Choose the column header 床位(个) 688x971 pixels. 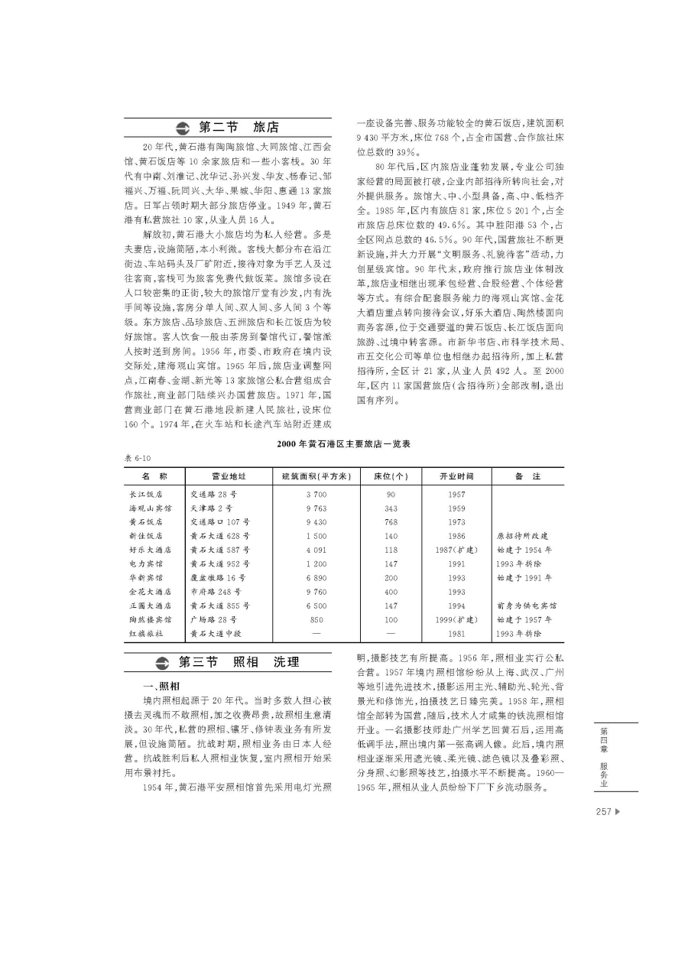(391, 476)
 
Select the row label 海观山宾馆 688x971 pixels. (151, 508)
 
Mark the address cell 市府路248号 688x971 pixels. (216, 591)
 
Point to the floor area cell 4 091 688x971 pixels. (316, 550)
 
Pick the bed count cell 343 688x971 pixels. (391, 508)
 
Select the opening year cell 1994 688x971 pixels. (457, 605)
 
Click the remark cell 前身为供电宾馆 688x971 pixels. (526, 605)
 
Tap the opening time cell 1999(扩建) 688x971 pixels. (457, 619)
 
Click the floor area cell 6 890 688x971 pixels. (316, 577)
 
